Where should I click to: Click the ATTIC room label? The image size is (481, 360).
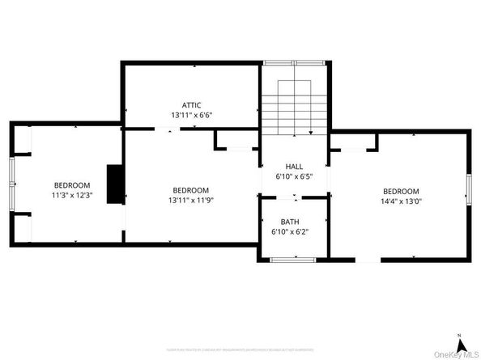click(191, 104)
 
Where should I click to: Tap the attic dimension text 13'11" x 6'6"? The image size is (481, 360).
click(191, 115)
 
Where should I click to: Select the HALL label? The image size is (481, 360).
click(294, 166)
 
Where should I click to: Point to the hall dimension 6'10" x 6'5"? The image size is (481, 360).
click(294, 176)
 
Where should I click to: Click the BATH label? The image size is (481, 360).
click(290, 222)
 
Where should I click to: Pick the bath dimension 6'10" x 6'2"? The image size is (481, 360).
click(290, 232)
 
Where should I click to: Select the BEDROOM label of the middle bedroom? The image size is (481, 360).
click(191, 189)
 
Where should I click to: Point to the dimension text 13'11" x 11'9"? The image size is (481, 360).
click(191, 200)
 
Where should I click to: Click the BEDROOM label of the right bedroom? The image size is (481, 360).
click(401, 191)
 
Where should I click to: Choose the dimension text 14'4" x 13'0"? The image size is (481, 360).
click(401, 201)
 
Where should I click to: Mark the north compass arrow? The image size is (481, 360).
click(459, 341)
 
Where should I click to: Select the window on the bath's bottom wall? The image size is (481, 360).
click(290, 259)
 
